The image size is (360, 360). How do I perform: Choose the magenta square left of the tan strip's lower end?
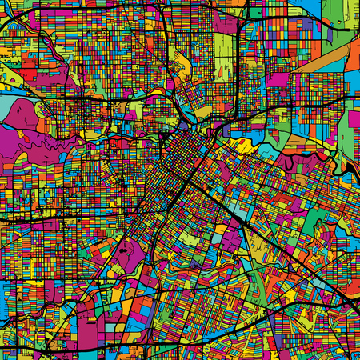pyautogui.click(x=278, y=79)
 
